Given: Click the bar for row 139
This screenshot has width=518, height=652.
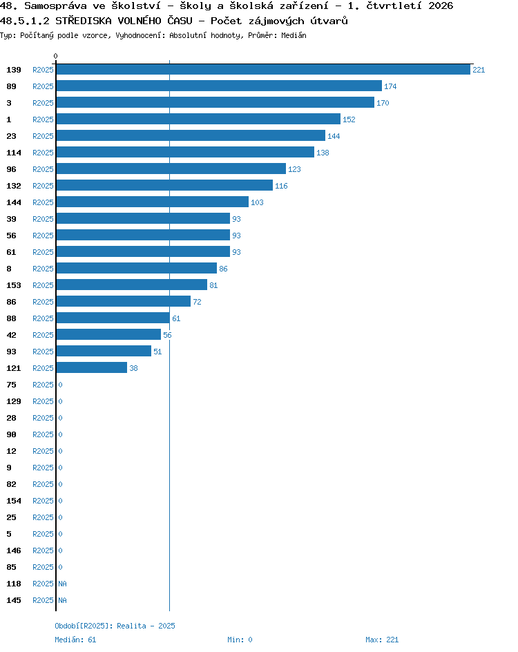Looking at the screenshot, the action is coord(263,70).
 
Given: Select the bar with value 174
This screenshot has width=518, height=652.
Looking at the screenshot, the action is coord(219,86).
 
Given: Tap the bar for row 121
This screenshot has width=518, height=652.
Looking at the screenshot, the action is coord(91,367).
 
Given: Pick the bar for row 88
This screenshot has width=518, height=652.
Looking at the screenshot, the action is coord(113,318).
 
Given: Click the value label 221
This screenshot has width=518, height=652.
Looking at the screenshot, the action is coord(479,70).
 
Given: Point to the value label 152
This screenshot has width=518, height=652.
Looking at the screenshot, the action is coord(349,119).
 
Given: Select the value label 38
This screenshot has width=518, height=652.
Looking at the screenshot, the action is coord(133,368).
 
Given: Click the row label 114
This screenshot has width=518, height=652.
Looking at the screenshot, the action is coord(14,153).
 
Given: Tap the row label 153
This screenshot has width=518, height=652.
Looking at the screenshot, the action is coord(14,285).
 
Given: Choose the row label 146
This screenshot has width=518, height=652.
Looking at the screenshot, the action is coord(14,550).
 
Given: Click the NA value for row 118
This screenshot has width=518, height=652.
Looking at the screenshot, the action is coord(62,584).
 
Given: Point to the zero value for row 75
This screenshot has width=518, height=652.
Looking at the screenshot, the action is coord(60,385).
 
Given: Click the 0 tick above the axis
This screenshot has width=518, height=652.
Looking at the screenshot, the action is coord(56,56).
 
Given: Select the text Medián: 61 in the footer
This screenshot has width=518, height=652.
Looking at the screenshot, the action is coord(75,640).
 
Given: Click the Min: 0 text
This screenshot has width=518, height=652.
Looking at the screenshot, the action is coord(240,640).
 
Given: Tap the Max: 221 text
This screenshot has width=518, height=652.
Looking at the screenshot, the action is coord(382,640).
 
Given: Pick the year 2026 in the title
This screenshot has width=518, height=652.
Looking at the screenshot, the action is coord(441,6).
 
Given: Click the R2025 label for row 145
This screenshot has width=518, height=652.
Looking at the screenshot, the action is coord(44,600).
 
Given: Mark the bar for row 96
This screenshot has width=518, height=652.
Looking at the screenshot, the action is coord(171,169).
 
